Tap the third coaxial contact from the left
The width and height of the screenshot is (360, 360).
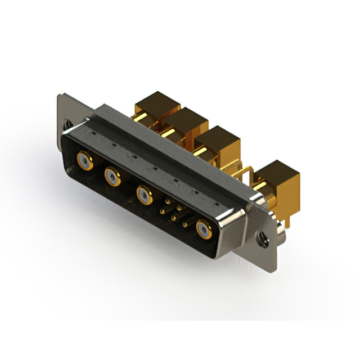point(145,196)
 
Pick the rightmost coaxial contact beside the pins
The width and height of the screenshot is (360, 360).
point(203,229)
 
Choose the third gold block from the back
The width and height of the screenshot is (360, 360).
point(217,138)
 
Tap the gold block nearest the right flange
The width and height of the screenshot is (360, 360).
point(277,175)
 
